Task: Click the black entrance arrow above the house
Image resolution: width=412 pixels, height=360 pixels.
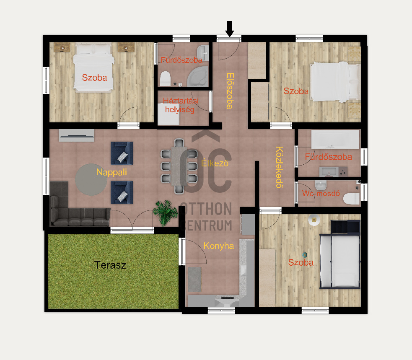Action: click(229, 28)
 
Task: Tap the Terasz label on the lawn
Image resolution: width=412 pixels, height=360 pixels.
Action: click(110, 265)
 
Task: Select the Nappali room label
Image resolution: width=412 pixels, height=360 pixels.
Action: click(111, 172)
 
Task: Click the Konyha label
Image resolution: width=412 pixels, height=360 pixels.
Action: click(218, 246)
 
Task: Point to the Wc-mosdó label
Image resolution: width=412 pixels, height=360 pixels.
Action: click(320, 194)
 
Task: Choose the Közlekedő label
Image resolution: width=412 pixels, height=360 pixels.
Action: click(279, 167)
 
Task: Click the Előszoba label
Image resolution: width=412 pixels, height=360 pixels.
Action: click(229, 91)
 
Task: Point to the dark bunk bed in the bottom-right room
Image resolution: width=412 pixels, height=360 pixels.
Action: click(340, 256)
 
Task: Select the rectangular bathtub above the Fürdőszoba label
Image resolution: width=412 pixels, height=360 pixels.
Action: click(335, 139)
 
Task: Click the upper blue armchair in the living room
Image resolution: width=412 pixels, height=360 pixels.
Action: click(122, 153)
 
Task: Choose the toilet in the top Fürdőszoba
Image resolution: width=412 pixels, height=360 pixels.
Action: click(165, 78)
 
